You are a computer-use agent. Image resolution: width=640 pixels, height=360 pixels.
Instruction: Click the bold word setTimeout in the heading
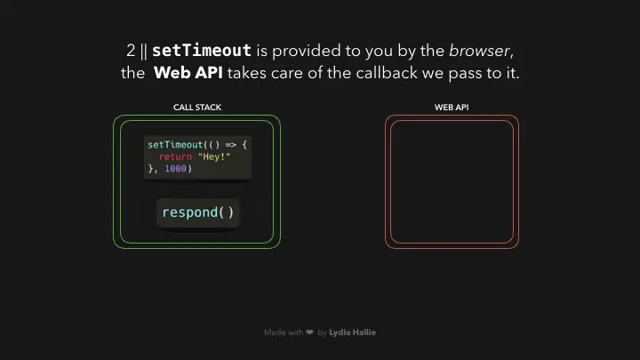pyautogui.click(x=202, y=51)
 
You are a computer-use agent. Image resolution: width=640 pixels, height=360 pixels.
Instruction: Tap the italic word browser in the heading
pyautogui.click(x=479, y=51)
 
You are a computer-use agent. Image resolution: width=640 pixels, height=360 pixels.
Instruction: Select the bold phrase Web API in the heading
pyautogui.click(x=188, y=73)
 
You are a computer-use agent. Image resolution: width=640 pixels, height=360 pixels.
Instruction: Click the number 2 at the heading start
pyautogui.click(x=131, y=51)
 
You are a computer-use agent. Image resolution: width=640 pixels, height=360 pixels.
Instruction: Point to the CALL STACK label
pyautogui.click(x=197, y=108)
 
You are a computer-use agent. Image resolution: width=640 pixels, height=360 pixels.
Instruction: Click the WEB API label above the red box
pyautogui.click(x=452, y=108)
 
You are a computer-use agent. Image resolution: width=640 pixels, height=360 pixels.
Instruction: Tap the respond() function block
pyautogui.click(x=198, y=212)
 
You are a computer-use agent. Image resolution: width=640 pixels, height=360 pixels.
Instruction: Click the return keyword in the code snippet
pyautogui.click(x=175, y=156)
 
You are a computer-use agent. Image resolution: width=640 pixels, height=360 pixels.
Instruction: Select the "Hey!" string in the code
pyautogui.click(x=214, y=156)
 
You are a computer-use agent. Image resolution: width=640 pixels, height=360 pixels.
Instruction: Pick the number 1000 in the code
pyautogui.click(x=175, y=169)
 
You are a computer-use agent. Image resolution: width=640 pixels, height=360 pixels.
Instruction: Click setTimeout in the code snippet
pyautogui.click(x=175, y=145)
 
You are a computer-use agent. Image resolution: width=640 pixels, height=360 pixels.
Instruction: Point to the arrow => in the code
pyautogui.click(x=230, y=145)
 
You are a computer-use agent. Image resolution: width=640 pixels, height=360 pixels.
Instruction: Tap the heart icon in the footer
pyautogui.click(x=310, y=332)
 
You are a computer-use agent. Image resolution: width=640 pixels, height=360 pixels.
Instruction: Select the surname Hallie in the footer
pyautogui.click(x=364, y=332)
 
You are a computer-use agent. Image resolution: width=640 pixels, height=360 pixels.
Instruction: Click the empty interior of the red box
pyautogui.click(x=452, y=181)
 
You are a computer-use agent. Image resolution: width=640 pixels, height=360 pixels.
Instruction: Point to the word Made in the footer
pyautogui.click(x=275, y=332)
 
